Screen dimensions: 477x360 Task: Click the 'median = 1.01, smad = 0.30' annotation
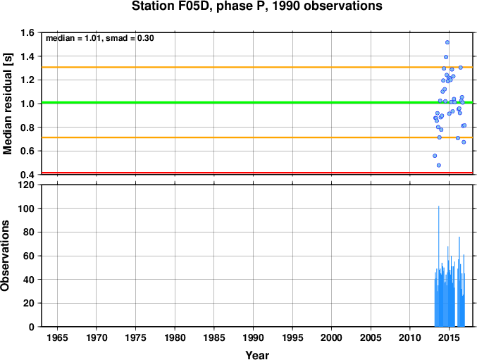tap(100, 38)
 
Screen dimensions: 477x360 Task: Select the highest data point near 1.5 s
tap(447, 42)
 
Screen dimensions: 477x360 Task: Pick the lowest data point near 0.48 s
tap(439, 165)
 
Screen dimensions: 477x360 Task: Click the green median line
tap(257, 102)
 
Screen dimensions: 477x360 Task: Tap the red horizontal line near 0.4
tap(257, 173)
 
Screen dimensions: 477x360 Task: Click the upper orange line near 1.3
tap(257, 67)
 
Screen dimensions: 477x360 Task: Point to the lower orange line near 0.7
tap(257, 137)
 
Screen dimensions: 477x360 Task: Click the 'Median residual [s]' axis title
tap(7, 104)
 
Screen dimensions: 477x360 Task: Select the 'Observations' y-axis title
tap(5, 256)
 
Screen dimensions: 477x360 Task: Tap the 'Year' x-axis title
tap(257, 355)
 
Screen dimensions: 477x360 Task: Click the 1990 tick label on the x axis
tap(253, 337)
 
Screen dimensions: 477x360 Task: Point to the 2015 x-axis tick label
tap(449, 337)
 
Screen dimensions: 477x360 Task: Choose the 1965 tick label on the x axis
tap(57, 337)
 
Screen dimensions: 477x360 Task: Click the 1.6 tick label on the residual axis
tap(27, 32)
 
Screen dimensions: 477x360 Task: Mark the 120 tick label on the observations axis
tap(27, 185)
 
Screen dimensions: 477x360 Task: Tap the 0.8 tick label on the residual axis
tap(27, 128)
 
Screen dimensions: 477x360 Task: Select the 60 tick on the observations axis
tap(29, 256)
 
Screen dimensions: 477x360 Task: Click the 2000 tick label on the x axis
tap(332, 337)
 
